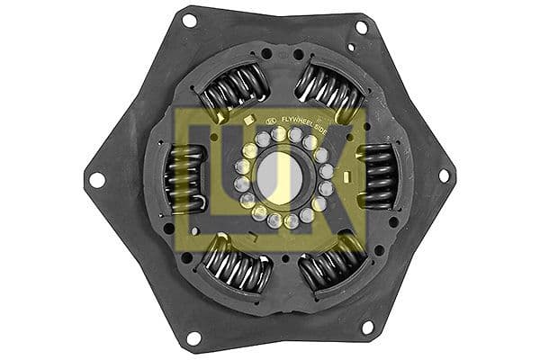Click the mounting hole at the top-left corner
coord(189,20)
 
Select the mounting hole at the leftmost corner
coord(94,179)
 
